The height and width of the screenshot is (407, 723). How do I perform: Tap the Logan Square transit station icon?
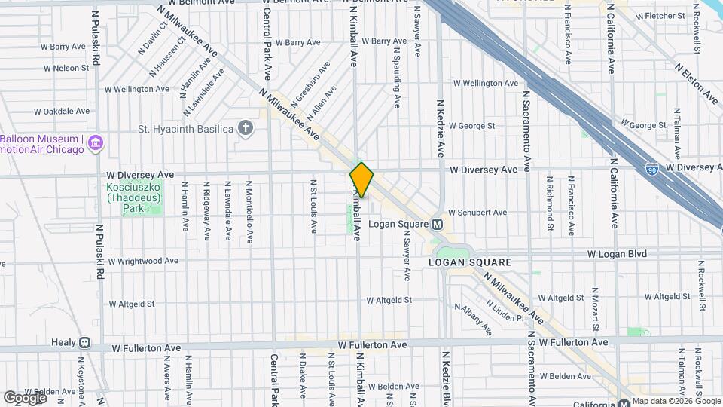(436, 225)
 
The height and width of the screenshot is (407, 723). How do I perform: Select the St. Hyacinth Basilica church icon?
(245, 128)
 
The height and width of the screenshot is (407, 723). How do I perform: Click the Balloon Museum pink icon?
(96, 142)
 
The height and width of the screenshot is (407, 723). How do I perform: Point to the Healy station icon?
(84, 342)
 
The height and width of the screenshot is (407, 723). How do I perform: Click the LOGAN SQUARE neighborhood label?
(469, 262)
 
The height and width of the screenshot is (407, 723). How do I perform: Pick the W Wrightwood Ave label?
(143, 262)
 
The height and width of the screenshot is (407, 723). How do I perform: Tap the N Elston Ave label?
(699, 81)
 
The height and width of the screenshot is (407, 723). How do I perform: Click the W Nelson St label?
(66, 68)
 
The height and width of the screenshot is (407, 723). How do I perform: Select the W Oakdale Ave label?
(62, 111)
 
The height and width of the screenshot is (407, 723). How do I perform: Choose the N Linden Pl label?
(505, 313)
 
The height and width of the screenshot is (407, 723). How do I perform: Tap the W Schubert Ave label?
(477, 213)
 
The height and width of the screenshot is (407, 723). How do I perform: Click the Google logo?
(24, 397)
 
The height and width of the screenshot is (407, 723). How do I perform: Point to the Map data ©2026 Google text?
(676, 401)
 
